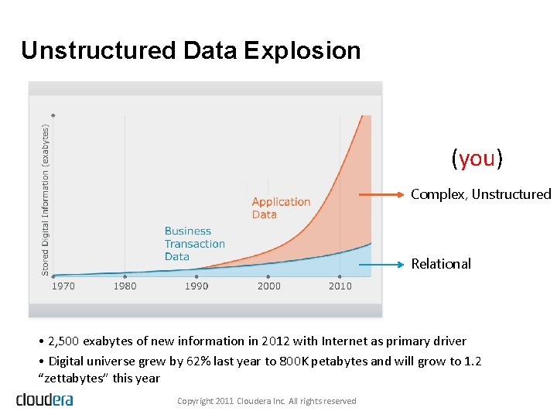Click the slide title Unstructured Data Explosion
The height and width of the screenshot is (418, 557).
click(190, 50)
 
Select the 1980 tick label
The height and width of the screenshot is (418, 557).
click(125, 286)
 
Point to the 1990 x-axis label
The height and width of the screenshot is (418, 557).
click(196, 286)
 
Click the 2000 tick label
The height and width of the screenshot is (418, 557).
click(268, 286)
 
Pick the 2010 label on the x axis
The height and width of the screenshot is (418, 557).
click(340, 286)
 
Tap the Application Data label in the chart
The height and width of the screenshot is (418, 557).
click(281, 207)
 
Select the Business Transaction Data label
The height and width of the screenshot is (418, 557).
click(194, 243)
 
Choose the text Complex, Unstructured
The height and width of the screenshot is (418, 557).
click(480, 194)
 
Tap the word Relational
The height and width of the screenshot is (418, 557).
click(441, 264)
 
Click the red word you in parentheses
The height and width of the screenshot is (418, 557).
click(477, 159)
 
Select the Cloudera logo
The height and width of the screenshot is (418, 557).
click(44, 399)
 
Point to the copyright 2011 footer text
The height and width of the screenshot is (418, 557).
click(266, 401)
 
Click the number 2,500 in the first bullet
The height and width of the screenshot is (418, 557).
click(63, 341)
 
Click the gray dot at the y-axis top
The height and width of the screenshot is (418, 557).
click(53, 115)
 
